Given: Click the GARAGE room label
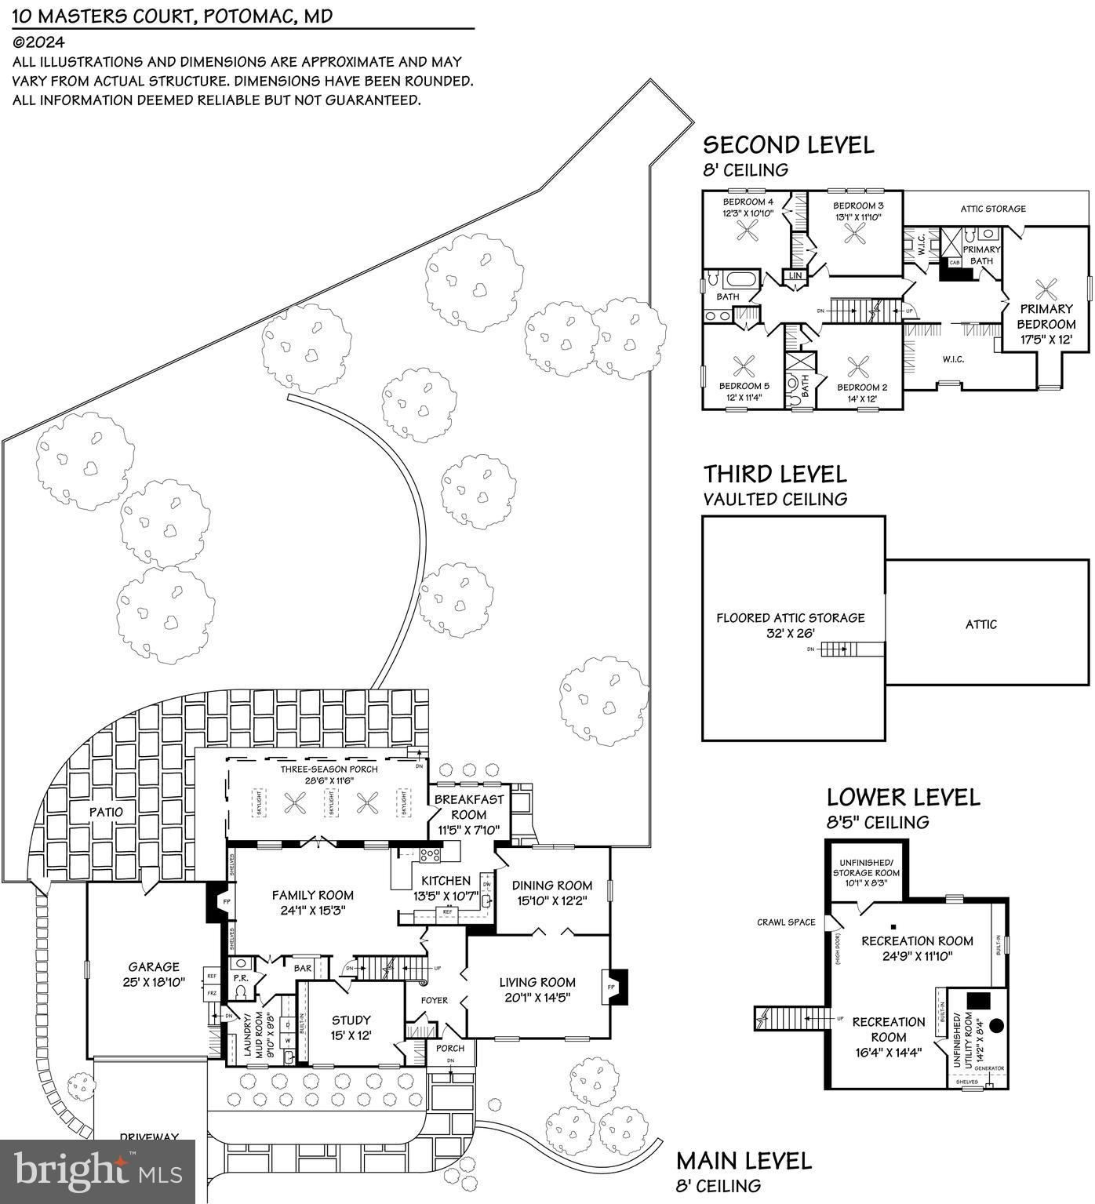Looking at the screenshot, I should [x=154, y=967].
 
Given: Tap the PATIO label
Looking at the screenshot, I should [x=106, y=812].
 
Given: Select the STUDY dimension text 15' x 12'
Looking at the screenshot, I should [x=351, y=1035].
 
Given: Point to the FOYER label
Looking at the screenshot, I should [x=434, y=1000].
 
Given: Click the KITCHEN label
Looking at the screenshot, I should [x=446, y=881].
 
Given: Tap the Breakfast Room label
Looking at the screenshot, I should [x=468, y=807].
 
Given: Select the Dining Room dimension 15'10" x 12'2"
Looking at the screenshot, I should [x=553, y=900].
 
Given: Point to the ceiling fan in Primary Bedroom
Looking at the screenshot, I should [x=1046, y=289].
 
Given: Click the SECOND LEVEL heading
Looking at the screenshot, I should [x=788, y=145].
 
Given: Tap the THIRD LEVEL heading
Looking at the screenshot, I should [x=774, y=475].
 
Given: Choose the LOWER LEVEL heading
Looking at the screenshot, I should [x=903, y=798].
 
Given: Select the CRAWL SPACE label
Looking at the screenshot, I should [x=786, y=922].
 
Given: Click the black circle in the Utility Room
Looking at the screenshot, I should [x=997, y=1025].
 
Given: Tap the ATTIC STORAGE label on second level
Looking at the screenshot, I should [x=993, y=209].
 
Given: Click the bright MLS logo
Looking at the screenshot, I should [x=98, y=1170].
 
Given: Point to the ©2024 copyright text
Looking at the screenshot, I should [x=38, y=43].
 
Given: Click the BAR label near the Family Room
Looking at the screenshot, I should [x=303, y=968].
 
